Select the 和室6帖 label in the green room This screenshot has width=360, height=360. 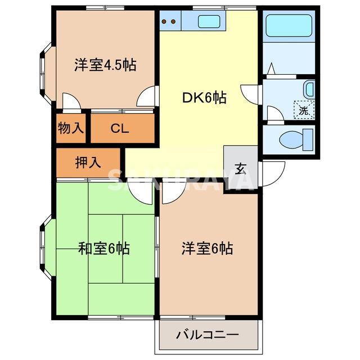[x=103, y=247]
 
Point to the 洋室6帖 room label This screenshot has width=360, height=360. [x=207, y=247]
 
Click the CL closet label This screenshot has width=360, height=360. [x=119, y=128]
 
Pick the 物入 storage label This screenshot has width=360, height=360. [x=70, y=128]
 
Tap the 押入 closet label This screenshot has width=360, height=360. [x=88, y=162]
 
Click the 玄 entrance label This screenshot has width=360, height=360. [x=241, y=168]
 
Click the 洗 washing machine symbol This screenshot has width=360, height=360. [x=304, y=110]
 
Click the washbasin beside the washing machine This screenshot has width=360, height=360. [x=309, y=89]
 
